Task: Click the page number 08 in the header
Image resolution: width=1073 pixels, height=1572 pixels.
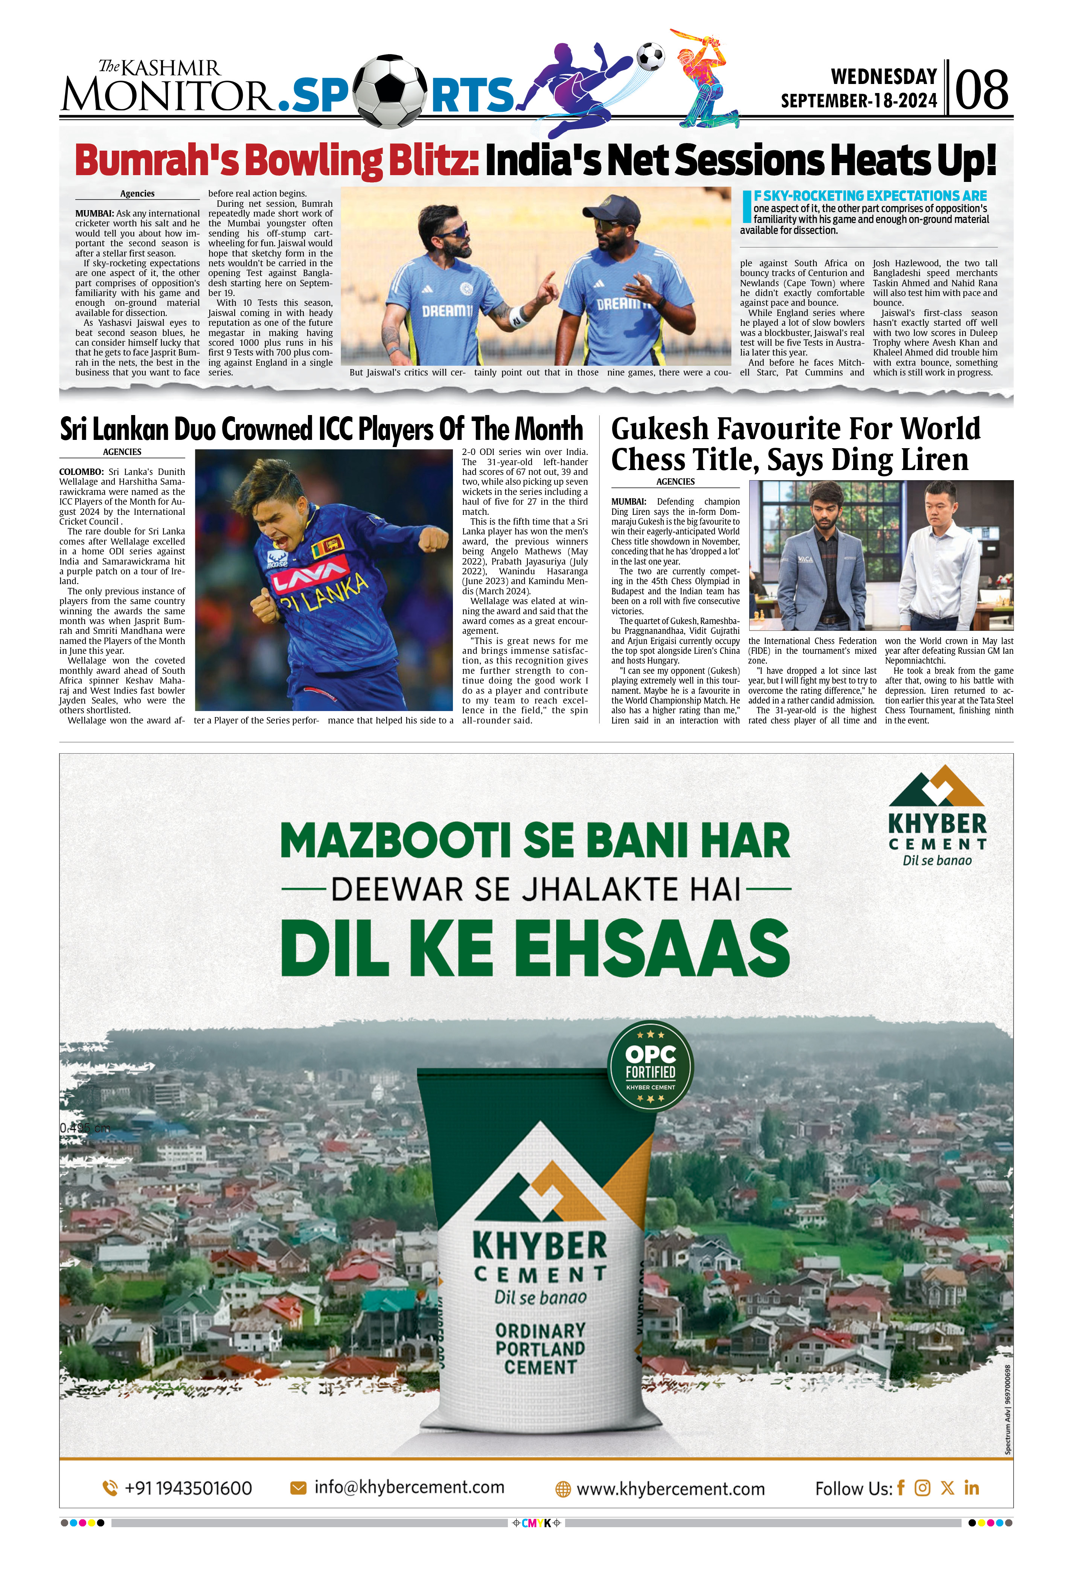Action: tap(982, 89)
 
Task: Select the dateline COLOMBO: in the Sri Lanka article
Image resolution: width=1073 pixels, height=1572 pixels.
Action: tap(81, 472)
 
